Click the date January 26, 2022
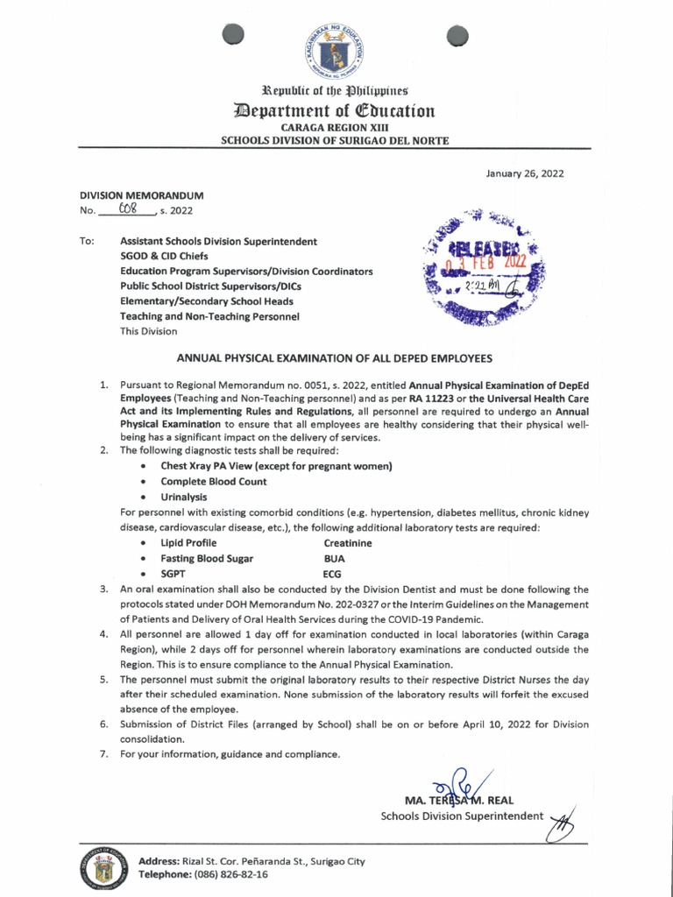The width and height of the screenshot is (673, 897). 524,173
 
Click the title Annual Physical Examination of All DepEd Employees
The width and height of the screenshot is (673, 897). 336,358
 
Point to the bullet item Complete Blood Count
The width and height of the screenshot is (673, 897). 213,482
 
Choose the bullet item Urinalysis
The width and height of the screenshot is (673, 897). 183,497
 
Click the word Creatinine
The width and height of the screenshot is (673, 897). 348,543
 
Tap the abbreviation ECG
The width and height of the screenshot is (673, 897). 332,573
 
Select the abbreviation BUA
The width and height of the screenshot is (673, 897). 333,558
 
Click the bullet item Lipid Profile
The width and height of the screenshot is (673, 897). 188,543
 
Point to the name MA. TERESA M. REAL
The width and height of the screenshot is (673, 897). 459,801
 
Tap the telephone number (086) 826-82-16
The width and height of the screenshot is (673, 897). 225,874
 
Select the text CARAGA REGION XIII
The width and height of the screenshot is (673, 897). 336,127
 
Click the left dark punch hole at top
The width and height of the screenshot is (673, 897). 232,33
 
